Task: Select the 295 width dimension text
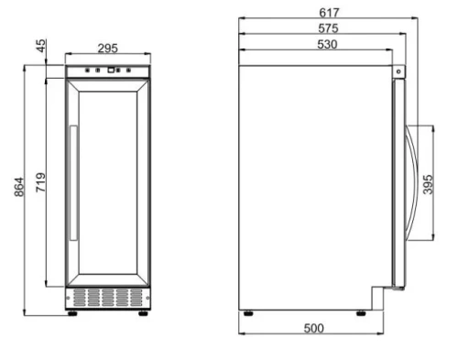tap(107, 49)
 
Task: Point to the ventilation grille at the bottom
tap(107, 298)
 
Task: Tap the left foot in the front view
tap(73, 311)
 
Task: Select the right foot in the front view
tap(142, 311)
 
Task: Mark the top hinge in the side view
tap(398, 71)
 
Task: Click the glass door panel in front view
tap(108, 183)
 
